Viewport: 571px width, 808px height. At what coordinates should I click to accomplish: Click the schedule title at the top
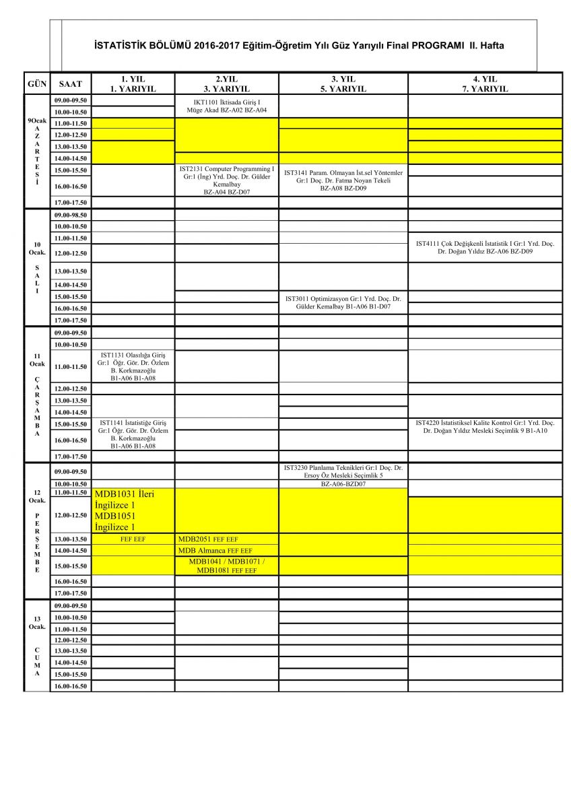point(299,46)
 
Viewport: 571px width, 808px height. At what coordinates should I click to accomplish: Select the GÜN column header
point(37,83)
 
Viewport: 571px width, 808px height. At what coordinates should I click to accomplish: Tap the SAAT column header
point(71,83)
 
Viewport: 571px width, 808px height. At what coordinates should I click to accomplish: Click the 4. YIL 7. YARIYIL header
point(485,83)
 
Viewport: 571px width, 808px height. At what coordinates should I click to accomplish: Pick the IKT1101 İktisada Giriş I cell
point(226,105)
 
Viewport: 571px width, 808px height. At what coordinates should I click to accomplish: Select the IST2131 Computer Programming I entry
point(226,180)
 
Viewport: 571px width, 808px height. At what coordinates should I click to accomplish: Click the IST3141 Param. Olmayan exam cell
point(343,180)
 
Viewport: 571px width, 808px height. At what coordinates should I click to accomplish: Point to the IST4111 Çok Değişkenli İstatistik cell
point(485,247)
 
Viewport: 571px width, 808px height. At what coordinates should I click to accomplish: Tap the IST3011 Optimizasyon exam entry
point(343,302)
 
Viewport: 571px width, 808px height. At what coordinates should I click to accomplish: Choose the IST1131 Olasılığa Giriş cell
point(133,366)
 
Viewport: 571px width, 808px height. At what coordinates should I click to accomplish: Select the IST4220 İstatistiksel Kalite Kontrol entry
point(485,426)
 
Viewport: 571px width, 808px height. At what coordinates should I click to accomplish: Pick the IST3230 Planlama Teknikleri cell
point(343,475)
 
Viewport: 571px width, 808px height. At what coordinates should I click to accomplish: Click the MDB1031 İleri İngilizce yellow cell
point(133,510)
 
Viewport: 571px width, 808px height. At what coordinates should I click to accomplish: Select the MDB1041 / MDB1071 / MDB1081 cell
point(226,566)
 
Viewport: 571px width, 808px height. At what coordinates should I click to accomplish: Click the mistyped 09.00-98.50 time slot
point(71,215)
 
